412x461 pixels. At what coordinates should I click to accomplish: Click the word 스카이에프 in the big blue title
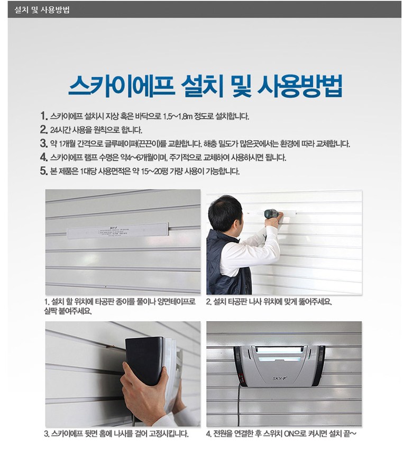tap(122, 86)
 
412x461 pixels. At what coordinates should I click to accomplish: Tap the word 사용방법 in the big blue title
tap(300, 86)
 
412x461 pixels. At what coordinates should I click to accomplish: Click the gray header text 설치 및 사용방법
tap(42, 10)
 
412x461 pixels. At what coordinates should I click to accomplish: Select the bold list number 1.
tap(44, 115)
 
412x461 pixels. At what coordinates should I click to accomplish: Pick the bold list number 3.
tap(44, 143)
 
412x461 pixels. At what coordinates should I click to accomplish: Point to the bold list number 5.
tap(44, 170)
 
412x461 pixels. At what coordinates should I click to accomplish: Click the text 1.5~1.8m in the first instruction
tap(178, 116)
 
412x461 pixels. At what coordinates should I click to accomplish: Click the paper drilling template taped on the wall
tap(118, 230)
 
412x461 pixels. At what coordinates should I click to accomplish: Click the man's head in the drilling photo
tap(226, 213)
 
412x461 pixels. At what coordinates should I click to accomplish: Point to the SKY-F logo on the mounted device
tap(279, 378)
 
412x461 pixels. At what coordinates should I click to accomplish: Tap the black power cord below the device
tap(239, 406)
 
